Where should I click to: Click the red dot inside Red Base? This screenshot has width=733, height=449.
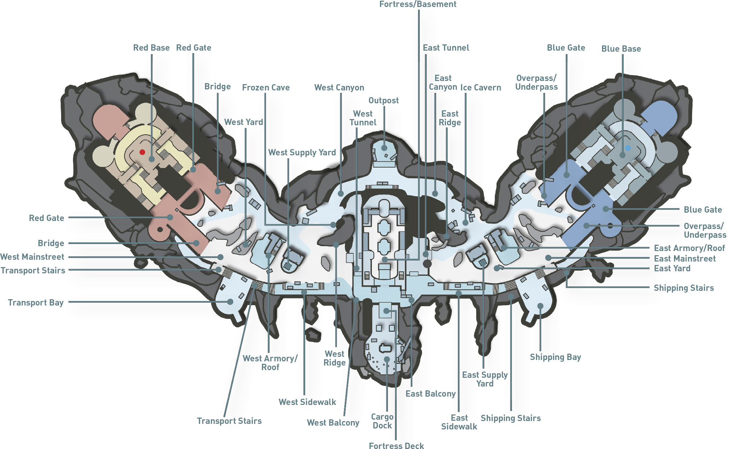[142, 152]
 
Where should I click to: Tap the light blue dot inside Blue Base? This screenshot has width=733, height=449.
[628, 148]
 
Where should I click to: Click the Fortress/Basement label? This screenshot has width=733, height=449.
[418, 4]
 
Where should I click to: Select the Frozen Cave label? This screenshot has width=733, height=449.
[266, 88]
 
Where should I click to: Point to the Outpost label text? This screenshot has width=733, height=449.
[383, 101]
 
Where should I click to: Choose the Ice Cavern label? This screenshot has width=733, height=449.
[481, 88]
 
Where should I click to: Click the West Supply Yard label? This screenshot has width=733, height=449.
[302, 153]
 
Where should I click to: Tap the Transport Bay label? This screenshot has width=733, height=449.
[36, 303]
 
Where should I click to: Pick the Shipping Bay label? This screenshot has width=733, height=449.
[555, 357]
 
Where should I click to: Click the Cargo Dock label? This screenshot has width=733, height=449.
[382, 421]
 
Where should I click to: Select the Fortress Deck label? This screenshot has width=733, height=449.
[396, 446]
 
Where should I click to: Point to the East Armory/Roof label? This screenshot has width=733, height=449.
[689, 248]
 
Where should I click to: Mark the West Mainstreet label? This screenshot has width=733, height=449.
[32, 257]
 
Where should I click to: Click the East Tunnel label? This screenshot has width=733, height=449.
[446, 48]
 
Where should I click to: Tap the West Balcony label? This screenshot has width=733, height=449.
[333, 423]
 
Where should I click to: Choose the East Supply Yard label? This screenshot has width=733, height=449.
[485, 379]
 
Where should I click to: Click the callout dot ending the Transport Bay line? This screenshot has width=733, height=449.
[230, 302]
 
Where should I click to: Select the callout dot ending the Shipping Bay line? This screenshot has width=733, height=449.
[540, 306]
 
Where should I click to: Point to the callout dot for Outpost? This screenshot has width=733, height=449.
[384, 148]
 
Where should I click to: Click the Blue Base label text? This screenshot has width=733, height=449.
[621, 49]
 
